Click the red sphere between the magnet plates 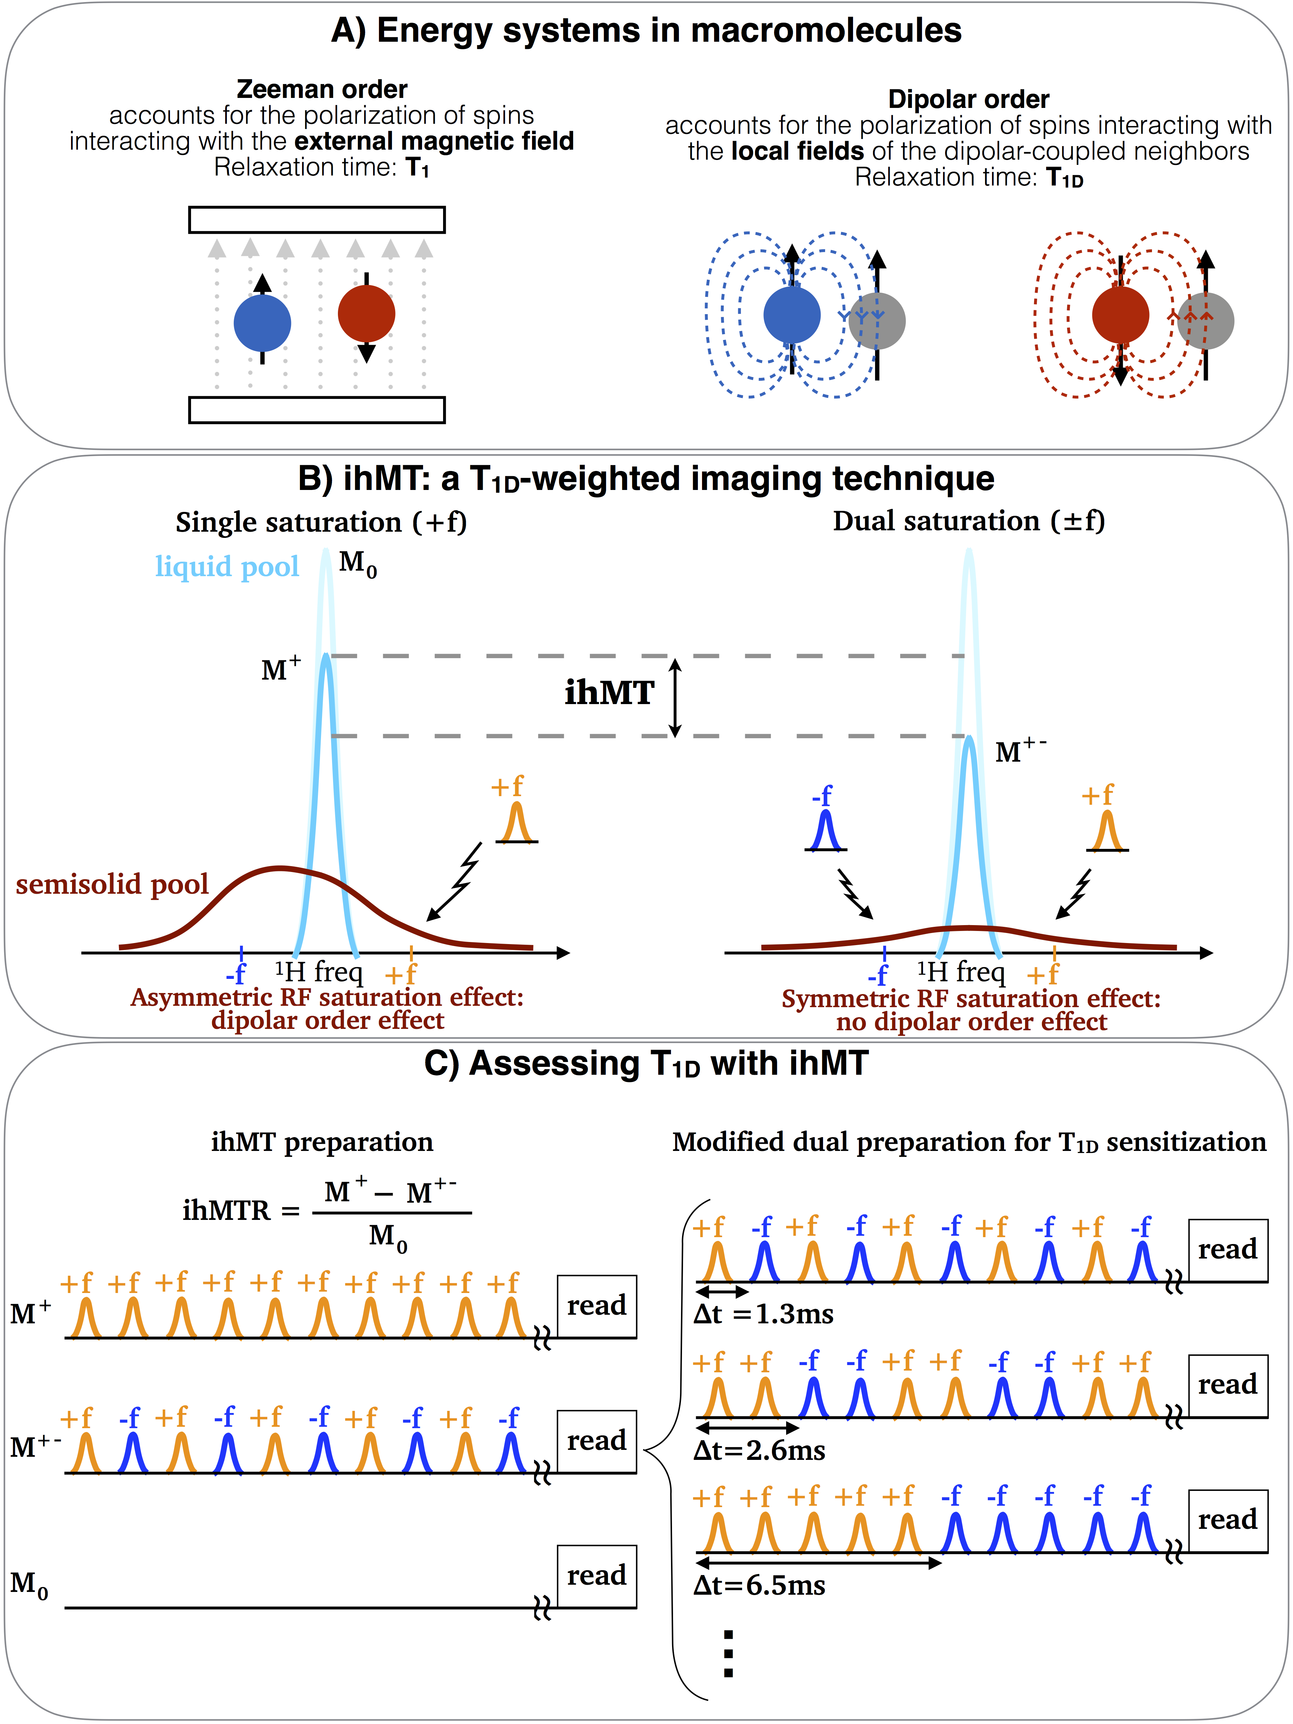[x=366, y=313]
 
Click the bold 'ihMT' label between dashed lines [x=610, y=692]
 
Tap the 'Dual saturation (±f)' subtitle [x=969, y=521]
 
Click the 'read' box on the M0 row [x=596, y=1576]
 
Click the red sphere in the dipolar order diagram [x=1120, y=315]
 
